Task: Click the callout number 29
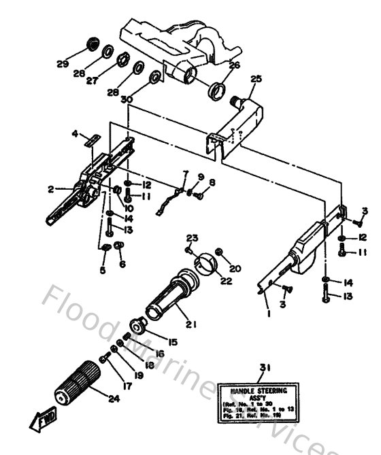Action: (63, 64)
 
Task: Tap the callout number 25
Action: (256, 80)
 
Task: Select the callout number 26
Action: (234, 66)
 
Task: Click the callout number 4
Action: (76, 134)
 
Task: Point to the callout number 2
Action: (51, 190)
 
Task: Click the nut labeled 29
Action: (88, 46)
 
